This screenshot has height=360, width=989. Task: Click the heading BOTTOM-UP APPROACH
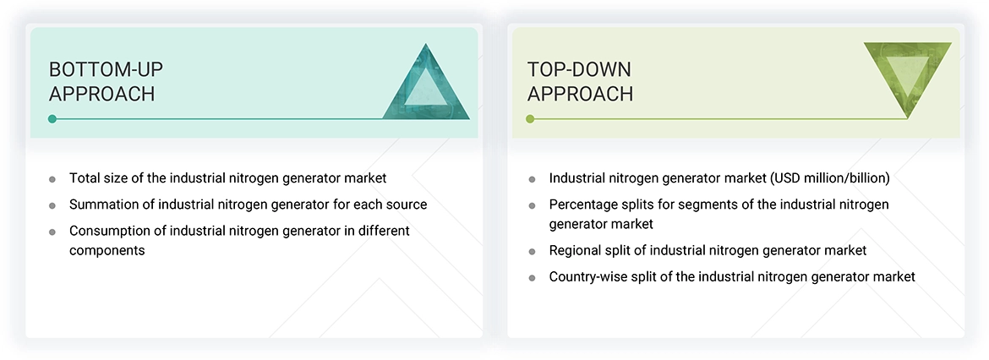click(101, 81)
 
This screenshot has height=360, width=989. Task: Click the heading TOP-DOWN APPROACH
click(580, 81)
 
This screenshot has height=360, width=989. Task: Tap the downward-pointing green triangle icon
click(907, 77)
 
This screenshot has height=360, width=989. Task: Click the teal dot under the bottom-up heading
click(52, 119)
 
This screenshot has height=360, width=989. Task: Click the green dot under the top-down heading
click(530, 119)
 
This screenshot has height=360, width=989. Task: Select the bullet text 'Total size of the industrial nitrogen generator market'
click(227, 178)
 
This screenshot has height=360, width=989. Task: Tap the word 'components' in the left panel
click(107, 251)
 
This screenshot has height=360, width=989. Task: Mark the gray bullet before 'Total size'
click(52, 179)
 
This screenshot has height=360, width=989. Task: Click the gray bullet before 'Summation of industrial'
click(52, 205)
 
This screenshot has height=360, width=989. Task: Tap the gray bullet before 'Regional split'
click(532, 252)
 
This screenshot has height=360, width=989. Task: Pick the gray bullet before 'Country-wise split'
click(532, 278)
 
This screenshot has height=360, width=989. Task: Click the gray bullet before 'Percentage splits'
click(532, 205)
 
